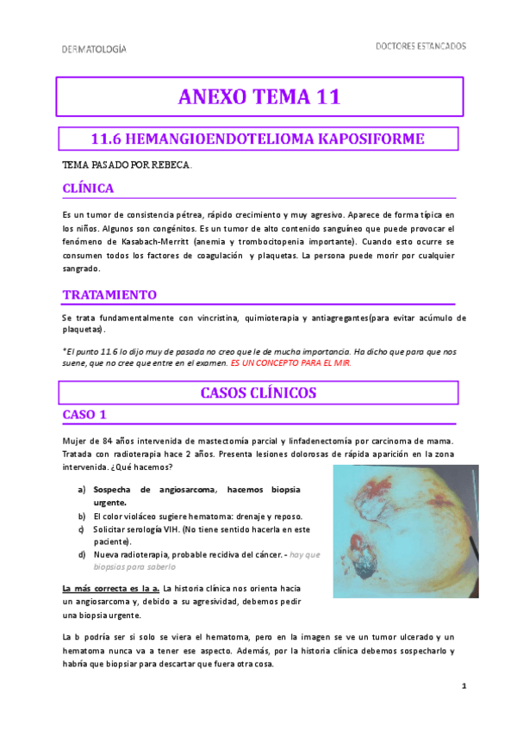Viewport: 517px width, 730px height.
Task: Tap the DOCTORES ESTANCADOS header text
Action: [421, 46]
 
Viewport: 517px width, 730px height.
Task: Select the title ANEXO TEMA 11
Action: [258, 97]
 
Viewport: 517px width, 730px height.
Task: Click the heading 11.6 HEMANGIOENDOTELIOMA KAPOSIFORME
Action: [258, 139]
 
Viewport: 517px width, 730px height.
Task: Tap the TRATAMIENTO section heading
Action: [109, 294]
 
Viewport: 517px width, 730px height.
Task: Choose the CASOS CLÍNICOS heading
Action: [258, 393]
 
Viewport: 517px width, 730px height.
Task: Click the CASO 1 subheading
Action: [84, 415]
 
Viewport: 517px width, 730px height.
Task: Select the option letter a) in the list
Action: [81, 490]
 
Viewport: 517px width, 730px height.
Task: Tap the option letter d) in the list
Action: [81, 554]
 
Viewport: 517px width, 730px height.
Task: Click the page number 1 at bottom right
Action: [463, 685]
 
